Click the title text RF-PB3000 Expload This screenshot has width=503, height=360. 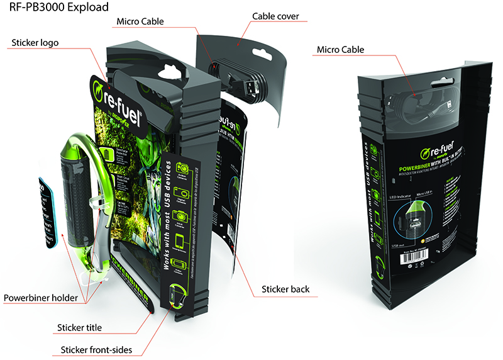[55, 8]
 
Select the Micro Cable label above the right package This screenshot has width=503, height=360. [340, 49]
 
